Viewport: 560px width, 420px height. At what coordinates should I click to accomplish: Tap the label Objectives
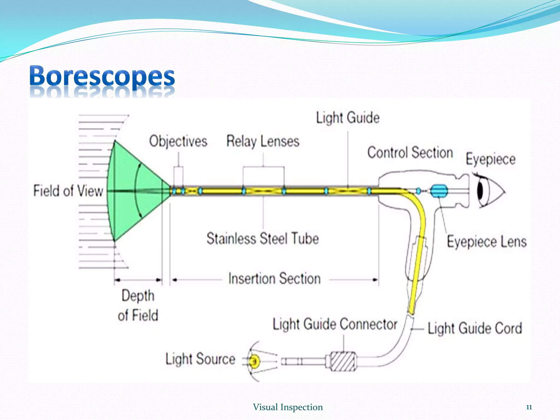click(178, 142)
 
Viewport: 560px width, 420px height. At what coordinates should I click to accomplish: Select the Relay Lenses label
click(263, 142)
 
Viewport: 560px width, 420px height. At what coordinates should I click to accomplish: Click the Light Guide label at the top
click(348, 118)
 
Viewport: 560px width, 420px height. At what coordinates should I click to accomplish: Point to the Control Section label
click(410, 153)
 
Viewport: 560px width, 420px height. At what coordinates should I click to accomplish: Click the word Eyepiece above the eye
click(491, 159)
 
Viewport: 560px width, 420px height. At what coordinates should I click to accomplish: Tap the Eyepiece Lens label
click(487, 242)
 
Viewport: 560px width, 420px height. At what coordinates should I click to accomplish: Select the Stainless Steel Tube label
click(262, 238)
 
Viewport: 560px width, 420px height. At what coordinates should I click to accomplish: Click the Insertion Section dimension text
click(275, 279)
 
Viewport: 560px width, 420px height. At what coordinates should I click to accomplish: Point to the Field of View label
click(68, 191)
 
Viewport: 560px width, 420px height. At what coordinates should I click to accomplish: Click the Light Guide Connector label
click(335, 325)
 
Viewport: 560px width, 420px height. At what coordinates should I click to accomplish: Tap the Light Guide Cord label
click(475, 328)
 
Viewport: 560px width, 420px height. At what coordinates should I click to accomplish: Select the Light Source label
click(200, 359)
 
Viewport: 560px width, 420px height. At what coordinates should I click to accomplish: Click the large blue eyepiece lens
click(439, 191)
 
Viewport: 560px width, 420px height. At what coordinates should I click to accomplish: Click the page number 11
click(529, 407)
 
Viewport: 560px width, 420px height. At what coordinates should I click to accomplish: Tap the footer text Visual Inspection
click(288, 407)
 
